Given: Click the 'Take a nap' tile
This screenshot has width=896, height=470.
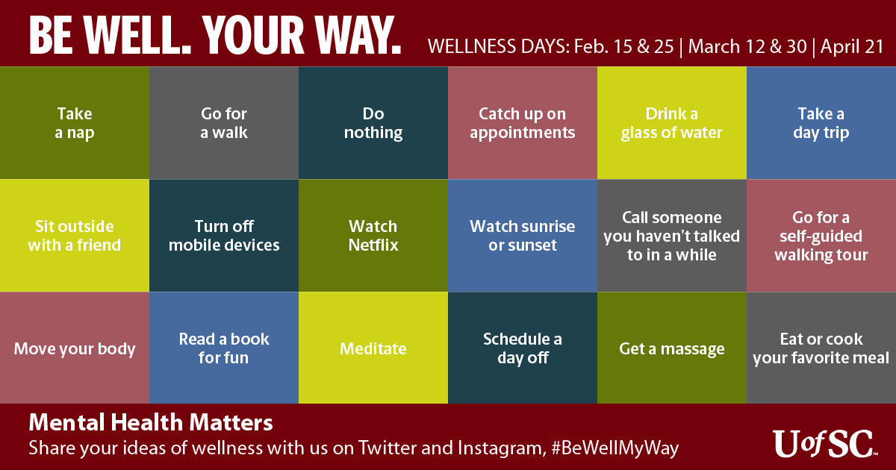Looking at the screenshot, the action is point(75,122).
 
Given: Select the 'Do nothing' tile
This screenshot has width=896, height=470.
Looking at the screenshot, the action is point(373,122).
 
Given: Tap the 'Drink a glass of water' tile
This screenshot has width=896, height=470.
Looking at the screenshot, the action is point(672,122).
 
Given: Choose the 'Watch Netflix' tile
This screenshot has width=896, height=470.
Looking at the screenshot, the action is point(373,236).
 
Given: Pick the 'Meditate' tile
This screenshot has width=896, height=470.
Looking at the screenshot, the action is point(373,348).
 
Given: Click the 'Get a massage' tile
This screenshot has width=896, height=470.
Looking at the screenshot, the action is point(672,348).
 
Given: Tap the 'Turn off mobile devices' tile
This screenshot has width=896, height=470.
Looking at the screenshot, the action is point(224,236).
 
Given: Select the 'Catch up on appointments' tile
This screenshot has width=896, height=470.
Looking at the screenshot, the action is point(523,122).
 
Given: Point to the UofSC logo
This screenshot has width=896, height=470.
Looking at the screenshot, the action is point(825,444).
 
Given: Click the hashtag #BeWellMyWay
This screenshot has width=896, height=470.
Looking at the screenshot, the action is point(615,448).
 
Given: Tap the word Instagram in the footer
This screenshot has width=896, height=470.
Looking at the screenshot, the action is point(502,448).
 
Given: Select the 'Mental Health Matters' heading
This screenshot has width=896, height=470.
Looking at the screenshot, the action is point(151,422).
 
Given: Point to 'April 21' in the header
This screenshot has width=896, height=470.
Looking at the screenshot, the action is point(852,46).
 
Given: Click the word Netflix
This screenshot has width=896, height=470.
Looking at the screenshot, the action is point(373,245).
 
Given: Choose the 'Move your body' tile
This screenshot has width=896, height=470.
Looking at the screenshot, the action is point(75,348).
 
